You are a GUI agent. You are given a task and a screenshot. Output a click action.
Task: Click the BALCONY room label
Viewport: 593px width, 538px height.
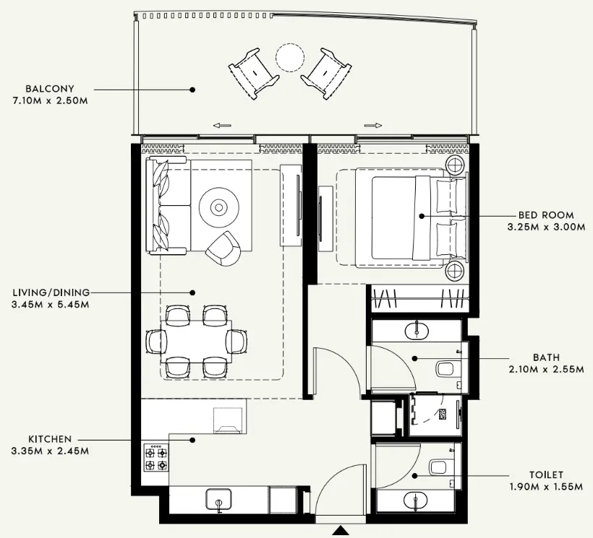pos(49,89)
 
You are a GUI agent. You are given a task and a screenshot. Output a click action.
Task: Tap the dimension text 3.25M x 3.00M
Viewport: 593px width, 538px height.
pos(545,227)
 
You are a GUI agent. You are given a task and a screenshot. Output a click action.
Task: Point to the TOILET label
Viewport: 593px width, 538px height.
pos(545,474)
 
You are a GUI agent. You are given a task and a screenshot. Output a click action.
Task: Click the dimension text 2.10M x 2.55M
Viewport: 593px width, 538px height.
pos(545,369)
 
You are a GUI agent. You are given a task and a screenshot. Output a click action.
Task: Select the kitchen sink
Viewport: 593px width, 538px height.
pos(218,499)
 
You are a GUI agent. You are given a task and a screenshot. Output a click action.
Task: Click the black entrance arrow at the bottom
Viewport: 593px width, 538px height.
pos(340,531)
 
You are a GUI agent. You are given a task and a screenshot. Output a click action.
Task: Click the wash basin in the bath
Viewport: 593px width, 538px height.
pos(417,331)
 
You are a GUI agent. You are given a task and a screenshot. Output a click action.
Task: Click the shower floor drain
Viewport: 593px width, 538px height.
pos(441,415)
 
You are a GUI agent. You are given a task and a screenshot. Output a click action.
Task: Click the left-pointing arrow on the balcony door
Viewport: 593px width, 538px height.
pos(222,125)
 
